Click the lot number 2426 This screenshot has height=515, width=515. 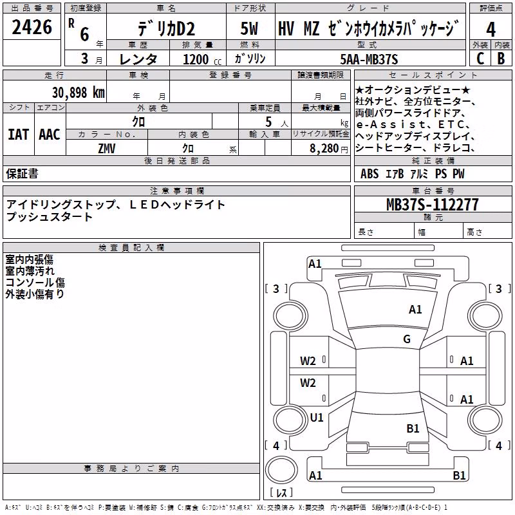[32, 27]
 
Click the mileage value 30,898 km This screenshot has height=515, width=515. [78, 93]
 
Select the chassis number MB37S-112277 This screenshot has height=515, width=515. [432, 204]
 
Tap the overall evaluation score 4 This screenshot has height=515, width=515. [491, 30]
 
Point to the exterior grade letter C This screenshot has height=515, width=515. [480, 59]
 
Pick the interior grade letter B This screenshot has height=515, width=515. [501, 59]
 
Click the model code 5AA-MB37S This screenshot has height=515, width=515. [369, 59]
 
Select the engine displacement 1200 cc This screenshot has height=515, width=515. [202, 59]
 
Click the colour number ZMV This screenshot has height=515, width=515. [107, 149]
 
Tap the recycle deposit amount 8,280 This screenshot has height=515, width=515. [324, 149]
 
